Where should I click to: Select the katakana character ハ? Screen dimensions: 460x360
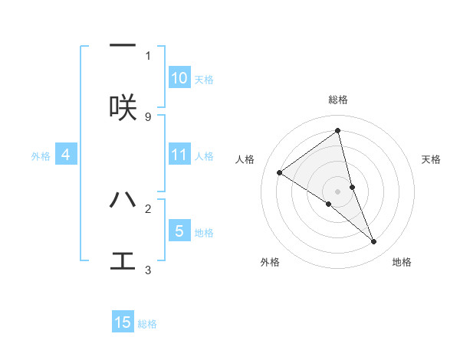pos(123,200)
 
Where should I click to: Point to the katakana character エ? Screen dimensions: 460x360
pos(123,261)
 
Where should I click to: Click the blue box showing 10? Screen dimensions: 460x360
pos(179,78)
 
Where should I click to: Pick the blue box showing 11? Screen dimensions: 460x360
pos(179,155)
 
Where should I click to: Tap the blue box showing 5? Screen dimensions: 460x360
pos(179,231)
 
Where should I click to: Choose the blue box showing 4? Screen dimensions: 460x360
pos(66,155)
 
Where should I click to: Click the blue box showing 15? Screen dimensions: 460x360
pos(123,322)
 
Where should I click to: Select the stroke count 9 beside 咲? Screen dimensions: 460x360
pos(148,116)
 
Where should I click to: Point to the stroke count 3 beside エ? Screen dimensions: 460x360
pos(148,270)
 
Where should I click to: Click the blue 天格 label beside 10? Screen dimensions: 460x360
pos(204,79)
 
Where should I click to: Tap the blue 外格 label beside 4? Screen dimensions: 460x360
pos(41,155)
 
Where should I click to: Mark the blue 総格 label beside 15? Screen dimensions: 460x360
pos(147,324)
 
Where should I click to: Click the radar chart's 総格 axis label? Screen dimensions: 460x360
pos(338,100)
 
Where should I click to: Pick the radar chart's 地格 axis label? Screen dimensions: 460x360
pos(402,262)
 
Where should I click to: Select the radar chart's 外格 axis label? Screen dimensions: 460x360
pos(270,262)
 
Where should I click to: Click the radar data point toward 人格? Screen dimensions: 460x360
pos(280,172)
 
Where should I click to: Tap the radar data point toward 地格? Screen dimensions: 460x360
pos(374,241)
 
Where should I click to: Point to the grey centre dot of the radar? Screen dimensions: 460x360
pos(337,191)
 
